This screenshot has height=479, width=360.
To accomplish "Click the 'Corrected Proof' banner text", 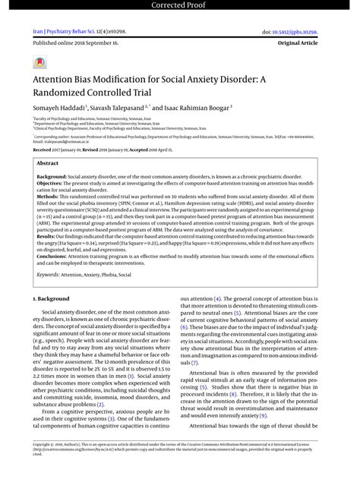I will point(179,6).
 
